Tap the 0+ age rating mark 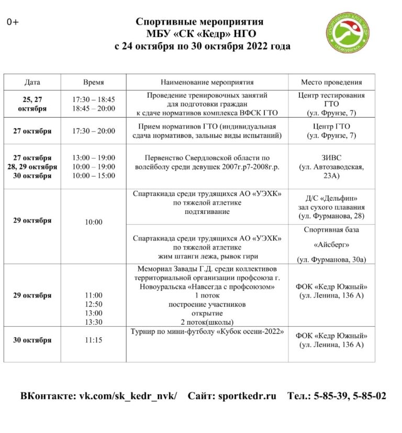point(13,22)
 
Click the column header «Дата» point(32,82)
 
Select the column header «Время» point(93,82)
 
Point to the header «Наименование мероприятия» point(207,82)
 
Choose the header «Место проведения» point(331,82)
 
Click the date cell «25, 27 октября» point(32,104)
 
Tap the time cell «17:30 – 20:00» point(93,131)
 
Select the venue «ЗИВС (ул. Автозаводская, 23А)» point(331,167)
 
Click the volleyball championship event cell point(207,162)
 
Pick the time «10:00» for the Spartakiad point(93,222)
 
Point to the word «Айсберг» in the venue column point(331,244)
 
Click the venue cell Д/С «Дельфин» point(331,207)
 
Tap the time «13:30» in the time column point(93,322)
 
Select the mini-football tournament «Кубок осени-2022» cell point(207,332)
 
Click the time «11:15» point(93,340)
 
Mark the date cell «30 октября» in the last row point(32,340)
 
